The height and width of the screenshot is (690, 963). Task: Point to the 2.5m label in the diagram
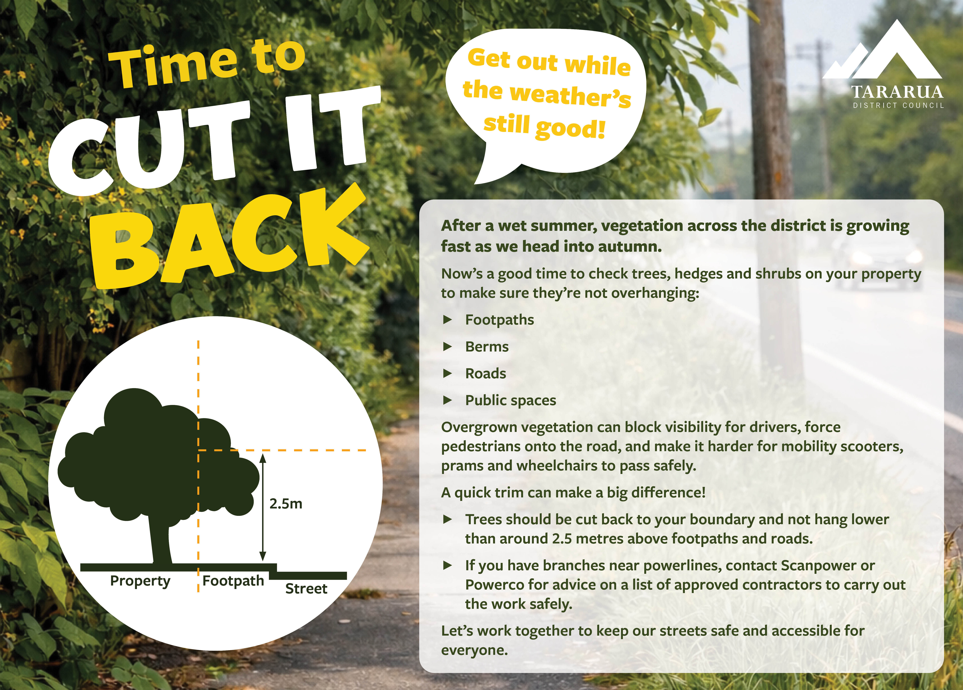tap(286, 504)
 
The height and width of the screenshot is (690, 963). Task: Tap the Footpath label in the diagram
tap(233, 580)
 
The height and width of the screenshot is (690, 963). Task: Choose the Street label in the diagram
tap(306, 589)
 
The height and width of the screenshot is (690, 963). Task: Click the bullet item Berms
tap(487, 347)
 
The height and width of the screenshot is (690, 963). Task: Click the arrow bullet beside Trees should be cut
tap(447, 519)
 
